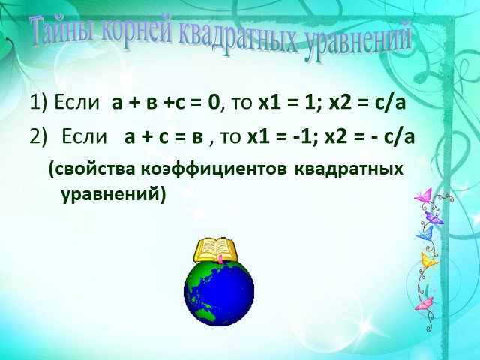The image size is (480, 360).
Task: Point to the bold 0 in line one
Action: [x=214, y=103]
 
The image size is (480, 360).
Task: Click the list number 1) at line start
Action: [x=39, y=103]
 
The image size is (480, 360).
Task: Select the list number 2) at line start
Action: [x=38, y=136]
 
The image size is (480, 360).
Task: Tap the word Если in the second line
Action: [x=85, y=136]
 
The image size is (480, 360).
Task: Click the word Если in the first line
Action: [x=76, y=103]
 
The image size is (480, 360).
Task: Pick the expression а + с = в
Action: [x=163, y=136]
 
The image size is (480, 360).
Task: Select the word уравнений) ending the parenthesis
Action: [x=113, y=195]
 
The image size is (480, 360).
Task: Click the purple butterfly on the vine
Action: [x=433, y=217]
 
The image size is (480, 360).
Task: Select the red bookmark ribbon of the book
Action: [x=220, y=259]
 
